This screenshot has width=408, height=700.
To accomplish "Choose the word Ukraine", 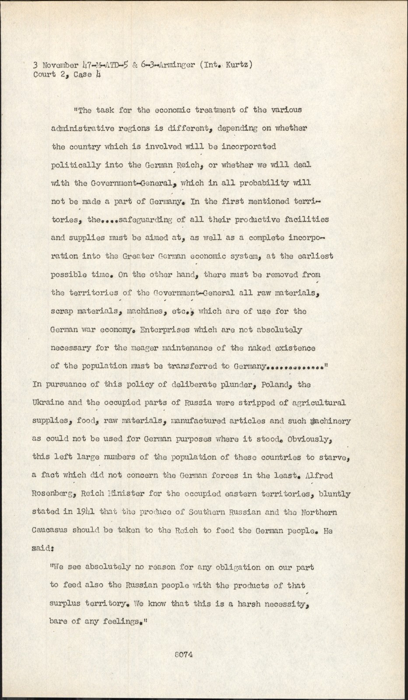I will (49, 402).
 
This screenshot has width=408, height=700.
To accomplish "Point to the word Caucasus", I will (49, 531).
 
